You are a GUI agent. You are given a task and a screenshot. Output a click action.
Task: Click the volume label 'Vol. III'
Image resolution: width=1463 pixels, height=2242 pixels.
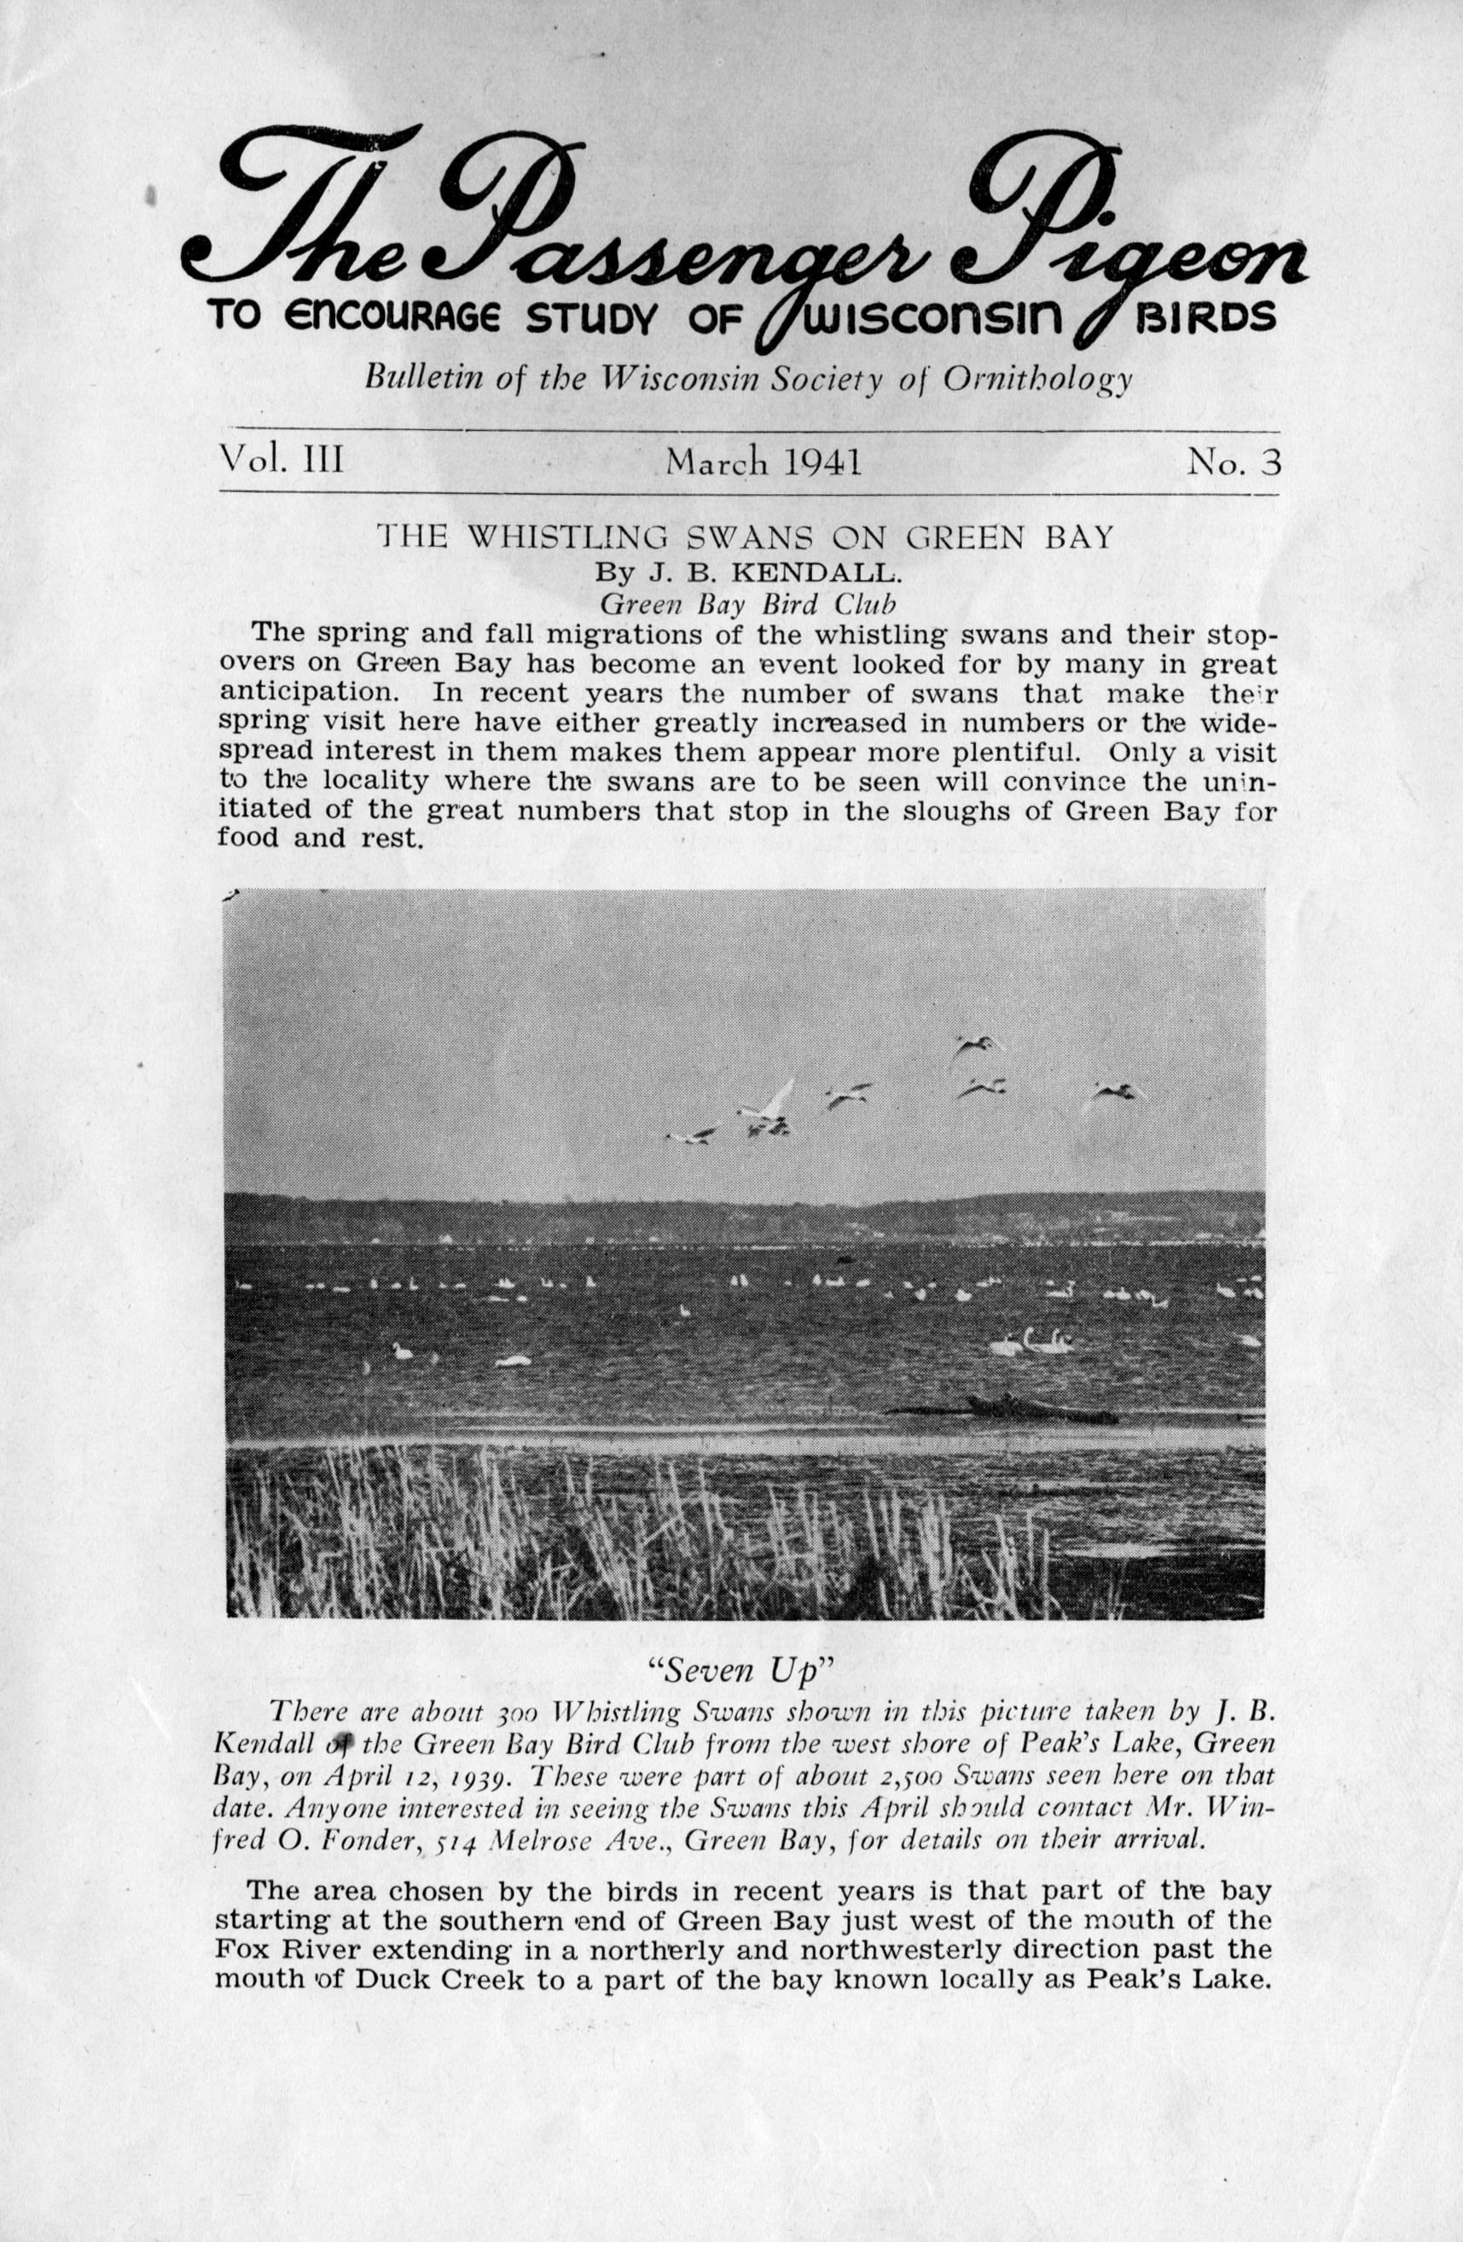[x=281, y=461]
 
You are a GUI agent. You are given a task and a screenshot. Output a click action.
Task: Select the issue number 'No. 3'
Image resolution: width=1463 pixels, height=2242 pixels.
[x=1234, y=462]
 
